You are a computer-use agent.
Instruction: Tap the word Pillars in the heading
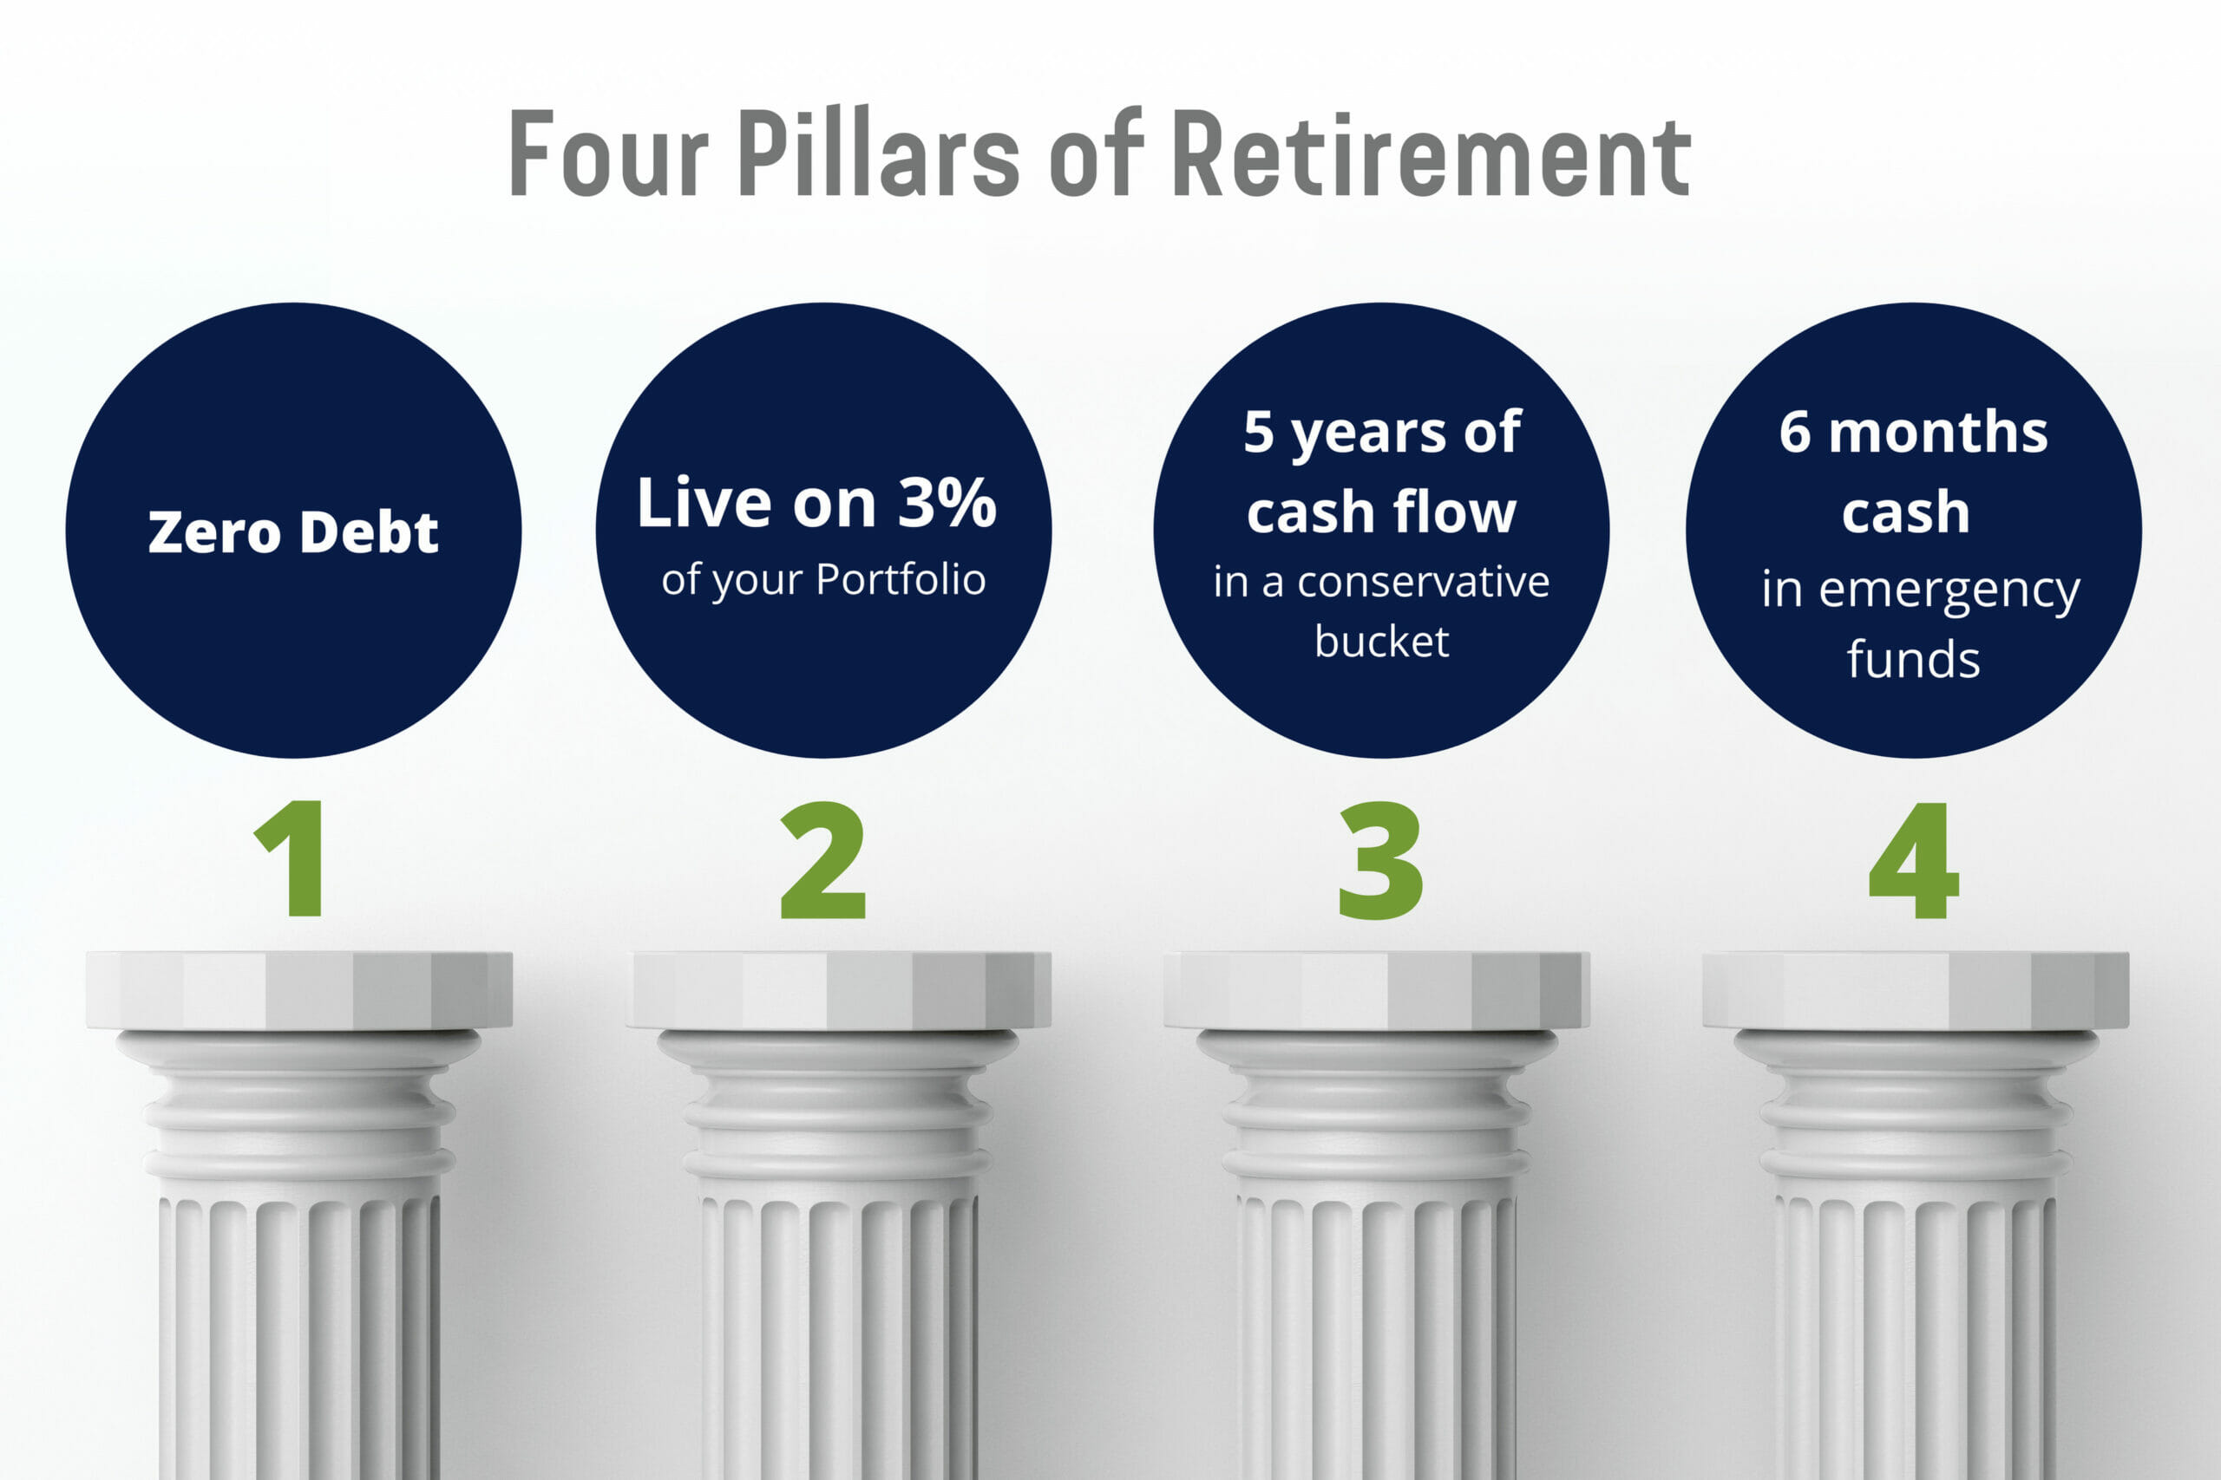(x=878, y=153)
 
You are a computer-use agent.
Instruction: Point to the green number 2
(x=822, y=859)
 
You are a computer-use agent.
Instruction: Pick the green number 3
(x=1380, y=859)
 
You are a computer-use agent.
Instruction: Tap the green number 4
(x=1913, y=859)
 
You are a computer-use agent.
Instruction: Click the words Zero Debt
(x=292, y=531)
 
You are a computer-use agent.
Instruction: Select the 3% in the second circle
(x=947, y=502)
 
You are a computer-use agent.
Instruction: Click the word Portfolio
(x=901, y=578)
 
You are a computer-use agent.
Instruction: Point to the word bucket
(x=1381, y=642)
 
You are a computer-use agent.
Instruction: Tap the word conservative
(x=1423, y=583)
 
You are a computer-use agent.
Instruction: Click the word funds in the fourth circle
(x=1913, y=659)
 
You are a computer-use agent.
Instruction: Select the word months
(x=1937, y=433)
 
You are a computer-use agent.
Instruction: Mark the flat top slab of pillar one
(x=299, y=990)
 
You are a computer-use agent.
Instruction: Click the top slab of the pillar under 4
(x=1915, y=990)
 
